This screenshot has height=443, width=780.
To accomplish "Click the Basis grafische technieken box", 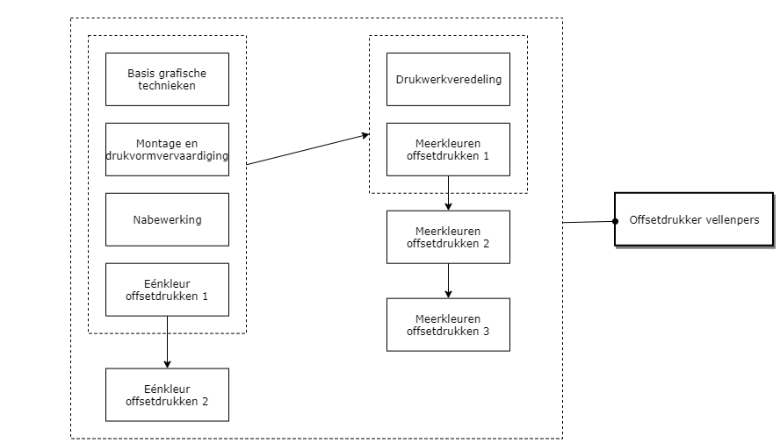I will pos(167,79).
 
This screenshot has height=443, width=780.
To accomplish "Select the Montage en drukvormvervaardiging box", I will pos(167,149).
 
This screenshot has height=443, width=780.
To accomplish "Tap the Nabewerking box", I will pos(167,219).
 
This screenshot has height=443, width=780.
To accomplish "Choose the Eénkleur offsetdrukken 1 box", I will pos(167,289).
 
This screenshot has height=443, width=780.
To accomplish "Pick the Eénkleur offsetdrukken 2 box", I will pos(167,395).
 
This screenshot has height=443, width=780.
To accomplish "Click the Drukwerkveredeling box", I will pos(448,79).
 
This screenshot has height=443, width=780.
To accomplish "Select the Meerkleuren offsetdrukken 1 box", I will pos(448,149).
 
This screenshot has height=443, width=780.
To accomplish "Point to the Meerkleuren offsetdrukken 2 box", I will pos(448,237).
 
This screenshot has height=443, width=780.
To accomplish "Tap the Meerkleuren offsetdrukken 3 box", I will pos(448,325).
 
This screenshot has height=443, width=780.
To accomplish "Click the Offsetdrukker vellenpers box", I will pos(694,219).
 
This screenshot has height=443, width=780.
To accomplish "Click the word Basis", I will pos(141,73).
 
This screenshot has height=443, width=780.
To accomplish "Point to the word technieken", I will pos(167,86).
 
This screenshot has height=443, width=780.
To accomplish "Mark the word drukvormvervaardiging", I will pos(167,156).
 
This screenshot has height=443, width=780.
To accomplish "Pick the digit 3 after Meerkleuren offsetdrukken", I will pos(486,332).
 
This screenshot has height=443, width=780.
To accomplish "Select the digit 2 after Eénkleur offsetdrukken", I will pos(205,402).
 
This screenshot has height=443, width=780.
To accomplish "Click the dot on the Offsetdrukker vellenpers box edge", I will pos(616,221).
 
